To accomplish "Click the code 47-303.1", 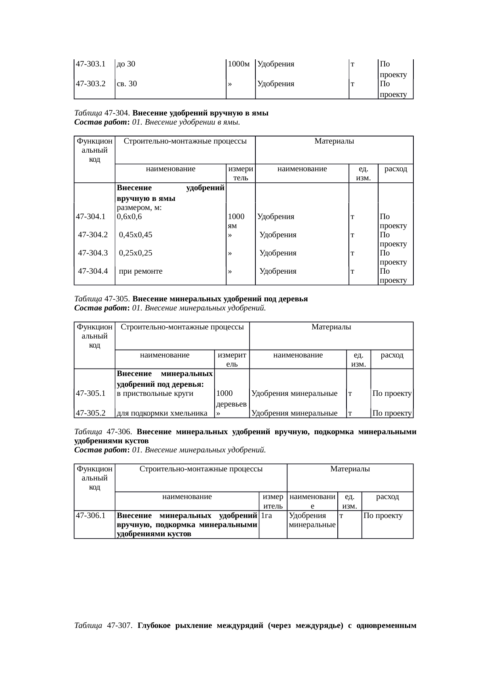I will [x=91, y=64].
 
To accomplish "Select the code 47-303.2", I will [x=91, y=84].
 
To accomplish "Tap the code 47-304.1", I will [x=91, y=217].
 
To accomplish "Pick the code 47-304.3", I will [x=93, y=253].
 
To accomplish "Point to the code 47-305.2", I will [x=91, y=414].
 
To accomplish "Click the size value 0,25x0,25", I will [x=136, y=253].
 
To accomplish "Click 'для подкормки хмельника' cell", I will [x=162, y=414].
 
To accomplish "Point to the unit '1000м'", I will [x=239, y=64].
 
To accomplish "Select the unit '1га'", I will [x=266, y=516].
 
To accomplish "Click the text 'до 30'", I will [x=126, y=64].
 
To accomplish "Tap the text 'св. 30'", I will [x=127, y=84].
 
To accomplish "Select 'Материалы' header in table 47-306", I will [x=350, y=469].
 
